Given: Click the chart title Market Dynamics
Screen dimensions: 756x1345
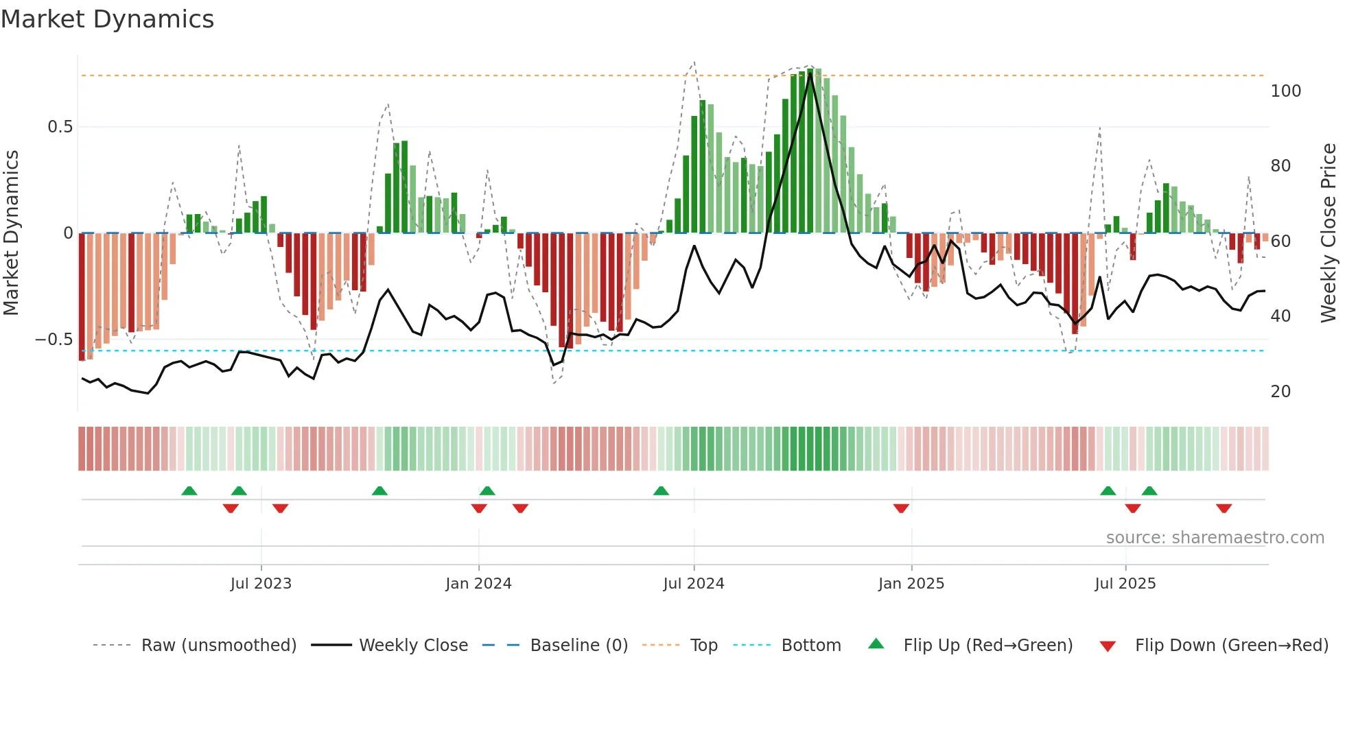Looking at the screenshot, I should pyautogui.click(x=107, y=19).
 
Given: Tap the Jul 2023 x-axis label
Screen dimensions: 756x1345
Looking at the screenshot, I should pyautogui.click(x=261, y=584).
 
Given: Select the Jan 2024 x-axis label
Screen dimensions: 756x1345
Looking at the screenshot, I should pyautogui.click(x=478, y=584).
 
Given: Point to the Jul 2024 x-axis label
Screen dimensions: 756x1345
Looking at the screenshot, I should pyautogui.click(x=694, y=584).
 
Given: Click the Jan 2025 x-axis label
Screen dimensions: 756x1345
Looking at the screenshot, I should pyautogui.click(x=911, y=584).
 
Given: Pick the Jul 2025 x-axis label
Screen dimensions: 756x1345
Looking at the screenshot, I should pyautogui.click(x=1125, y=584).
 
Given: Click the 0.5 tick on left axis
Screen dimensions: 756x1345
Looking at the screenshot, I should pyautogui.click(x=60, y=127).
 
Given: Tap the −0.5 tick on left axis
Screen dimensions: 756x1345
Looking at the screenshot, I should pyautogui.click(x=54, y=340).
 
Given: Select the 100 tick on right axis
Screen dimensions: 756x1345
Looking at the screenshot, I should pyautogui.click(x=1285, y=91).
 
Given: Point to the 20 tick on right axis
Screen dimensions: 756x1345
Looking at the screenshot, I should pyautogui.click(x=1280, y=392).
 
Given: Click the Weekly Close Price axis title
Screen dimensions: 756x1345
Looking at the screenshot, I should pyautogui.click(x=1329, y=233).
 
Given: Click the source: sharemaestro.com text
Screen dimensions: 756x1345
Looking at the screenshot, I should pyautogui.click(x=1215, y=538).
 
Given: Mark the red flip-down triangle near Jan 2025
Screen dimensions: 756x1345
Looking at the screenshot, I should pyautogui.click(x=901, y=508).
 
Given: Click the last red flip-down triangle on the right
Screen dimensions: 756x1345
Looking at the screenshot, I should pyautogui.click(x=1224, y=508).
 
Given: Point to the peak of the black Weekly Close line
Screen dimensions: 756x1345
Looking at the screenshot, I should pyautogui.click(x=810, y=73).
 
